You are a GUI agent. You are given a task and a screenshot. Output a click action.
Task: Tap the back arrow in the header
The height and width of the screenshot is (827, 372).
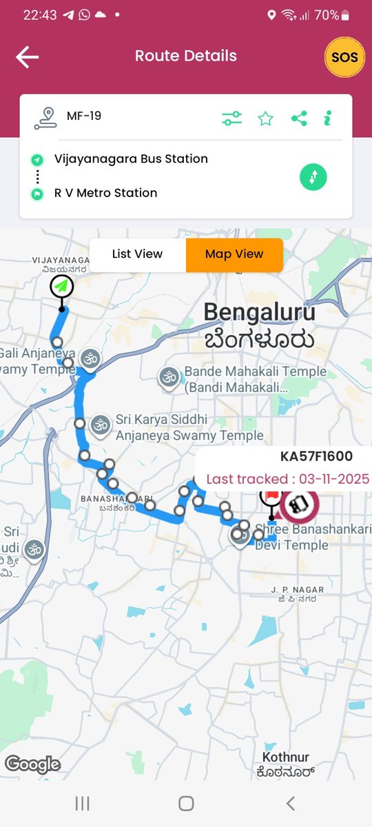tap(28, 57)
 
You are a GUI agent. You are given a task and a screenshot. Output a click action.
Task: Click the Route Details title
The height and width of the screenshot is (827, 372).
tap(186, 56)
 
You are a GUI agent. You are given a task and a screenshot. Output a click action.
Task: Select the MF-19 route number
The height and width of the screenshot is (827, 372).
tap(84, 116)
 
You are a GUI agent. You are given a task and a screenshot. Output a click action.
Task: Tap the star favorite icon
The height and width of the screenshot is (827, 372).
tap(265, 119)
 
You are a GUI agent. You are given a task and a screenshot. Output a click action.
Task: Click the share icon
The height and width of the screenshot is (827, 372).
tap(299, 119)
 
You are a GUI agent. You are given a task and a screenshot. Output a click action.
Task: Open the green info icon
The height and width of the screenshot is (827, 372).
tap(328, 119)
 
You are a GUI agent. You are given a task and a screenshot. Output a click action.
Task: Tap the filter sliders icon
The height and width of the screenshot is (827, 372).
tap(232, 119)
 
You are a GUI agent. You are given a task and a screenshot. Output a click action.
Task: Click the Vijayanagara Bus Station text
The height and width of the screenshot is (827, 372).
tap(131, 159)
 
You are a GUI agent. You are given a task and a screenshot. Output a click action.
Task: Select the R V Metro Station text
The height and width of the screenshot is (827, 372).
tap(106, 193)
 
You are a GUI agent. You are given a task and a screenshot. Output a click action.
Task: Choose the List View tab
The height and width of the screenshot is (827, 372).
tap(138, 254)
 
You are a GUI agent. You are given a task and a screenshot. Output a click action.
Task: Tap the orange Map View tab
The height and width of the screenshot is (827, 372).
tap(234, 254)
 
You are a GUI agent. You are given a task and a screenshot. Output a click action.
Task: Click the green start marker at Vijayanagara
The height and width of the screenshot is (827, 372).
tap(62, 286)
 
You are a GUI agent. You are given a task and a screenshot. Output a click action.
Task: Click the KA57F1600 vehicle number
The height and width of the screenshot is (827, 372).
tap(316, 456)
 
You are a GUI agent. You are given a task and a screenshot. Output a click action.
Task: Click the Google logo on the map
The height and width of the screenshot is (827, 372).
tap(32, 764)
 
